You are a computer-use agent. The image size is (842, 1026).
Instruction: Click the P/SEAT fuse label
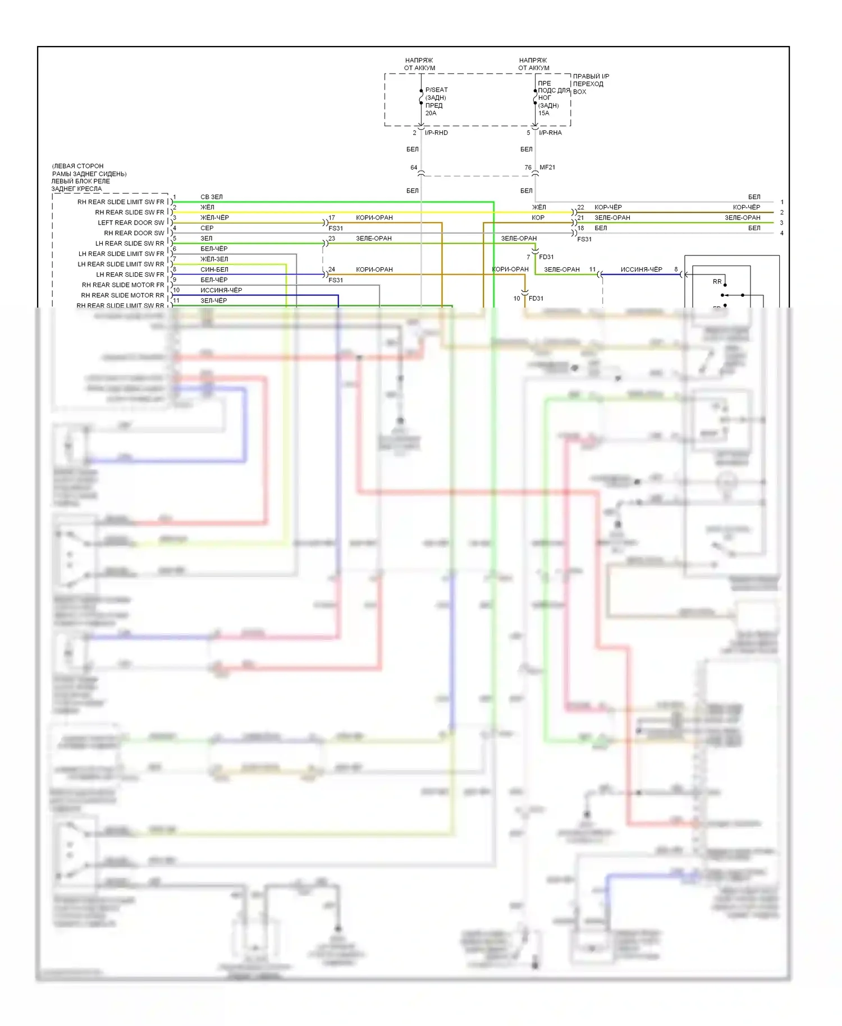(x=436, y=90)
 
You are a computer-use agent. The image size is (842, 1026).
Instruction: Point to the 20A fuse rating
(x=431, y=113)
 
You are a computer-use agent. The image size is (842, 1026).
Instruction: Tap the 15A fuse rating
(x=543, y=113)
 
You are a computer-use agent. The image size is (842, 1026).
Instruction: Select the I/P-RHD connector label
(x=436, y=133)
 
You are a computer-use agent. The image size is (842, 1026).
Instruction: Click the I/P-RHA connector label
(x=550, y=133)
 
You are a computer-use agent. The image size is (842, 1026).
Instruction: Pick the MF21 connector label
(x=547, y=167)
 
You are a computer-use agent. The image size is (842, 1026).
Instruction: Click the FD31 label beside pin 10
(x=536, y=299)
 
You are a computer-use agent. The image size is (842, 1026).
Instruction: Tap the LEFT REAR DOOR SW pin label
(x=131, y=223)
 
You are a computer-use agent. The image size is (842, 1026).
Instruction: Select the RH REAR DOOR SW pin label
(x=134, y=233)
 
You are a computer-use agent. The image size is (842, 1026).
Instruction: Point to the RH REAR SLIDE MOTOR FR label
(x=123, y=285)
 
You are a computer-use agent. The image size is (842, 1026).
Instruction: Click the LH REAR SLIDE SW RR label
(x=130, y=244)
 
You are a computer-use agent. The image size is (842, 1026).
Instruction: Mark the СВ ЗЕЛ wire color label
(x=212, y=197)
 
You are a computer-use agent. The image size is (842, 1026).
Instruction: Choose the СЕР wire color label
(x=207, y=228)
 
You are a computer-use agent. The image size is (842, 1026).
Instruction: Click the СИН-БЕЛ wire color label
(x=214, y=270)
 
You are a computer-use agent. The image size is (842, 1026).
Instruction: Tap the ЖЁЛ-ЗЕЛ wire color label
(x=214, y=259)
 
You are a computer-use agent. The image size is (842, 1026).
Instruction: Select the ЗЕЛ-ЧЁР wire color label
(x=213, y=301)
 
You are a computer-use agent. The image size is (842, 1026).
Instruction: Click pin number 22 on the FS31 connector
(x=580, y=208)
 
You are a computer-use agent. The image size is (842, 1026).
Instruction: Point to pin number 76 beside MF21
(x=528, y=167)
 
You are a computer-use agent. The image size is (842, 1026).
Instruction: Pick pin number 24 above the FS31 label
(x=332, y=270)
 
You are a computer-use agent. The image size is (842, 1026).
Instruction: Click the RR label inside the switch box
(x=717, y=282)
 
